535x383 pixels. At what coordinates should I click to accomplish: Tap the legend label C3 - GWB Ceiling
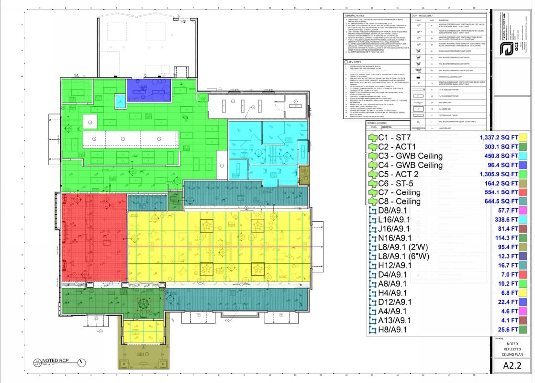410,156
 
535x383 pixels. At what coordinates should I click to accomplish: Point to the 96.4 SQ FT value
503,165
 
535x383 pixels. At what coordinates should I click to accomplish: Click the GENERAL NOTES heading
355,16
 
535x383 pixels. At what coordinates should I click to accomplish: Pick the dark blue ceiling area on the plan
145,87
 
